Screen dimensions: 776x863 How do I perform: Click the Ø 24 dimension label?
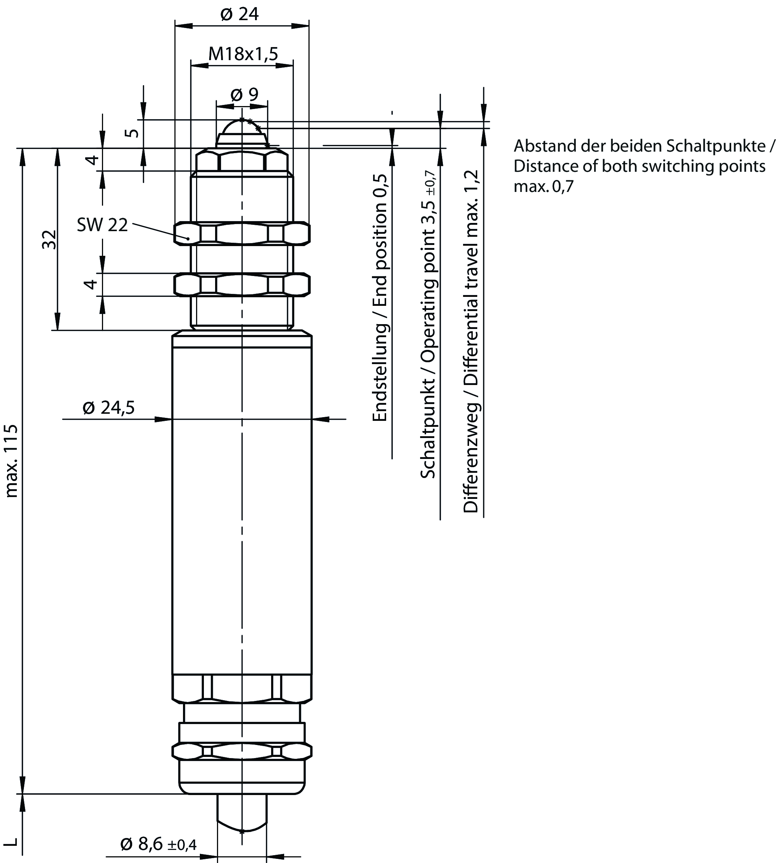(x=240, y=15)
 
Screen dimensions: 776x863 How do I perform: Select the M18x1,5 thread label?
(x=243, y=54)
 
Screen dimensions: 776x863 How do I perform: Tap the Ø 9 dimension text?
(x=244, y=94)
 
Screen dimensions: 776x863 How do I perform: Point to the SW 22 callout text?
(x=102, y=225)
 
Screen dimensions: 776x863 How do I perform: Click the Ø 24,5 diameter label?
(x=109, y=408)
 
